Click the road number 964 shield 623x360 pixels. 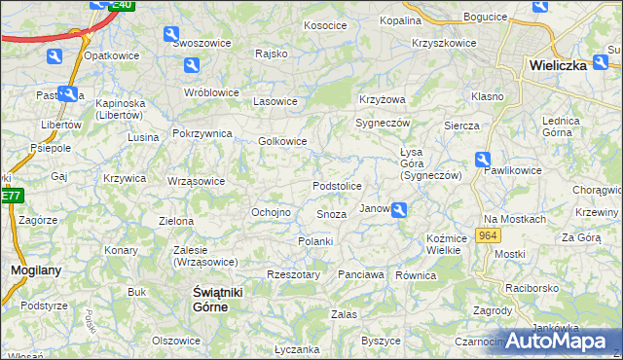click(x=489, y=237)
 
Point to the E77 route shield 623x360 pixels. click(x=10, y=196)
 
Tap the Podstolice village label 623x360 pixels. click(x=337, y=186)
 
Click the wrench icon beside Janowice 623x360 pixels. click(x=399, y=209)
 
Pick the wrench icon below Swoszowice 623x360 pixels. click(x=192, y=65)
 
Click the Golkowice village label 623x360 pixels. click(x=283, y=141)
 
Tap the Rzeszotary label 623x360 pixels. click(x=293, y=275)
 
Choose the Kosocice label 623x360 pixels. click(x=325, y=25)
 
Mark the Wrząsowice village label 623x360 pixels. click(x=196, y=181)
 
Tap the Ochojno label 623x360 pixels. click(x=272, y=212)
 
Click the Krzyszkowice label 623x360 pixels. click(x=444, y=43)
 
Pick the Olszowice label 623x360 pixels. click(x=176, y=341)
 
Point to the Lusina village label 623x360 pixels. click(x=142, y=137)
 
